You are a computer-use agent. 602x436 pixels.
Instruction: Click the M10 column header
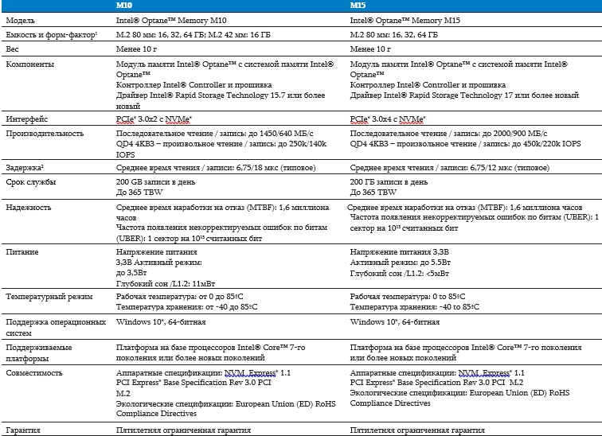click(x=123, y=6)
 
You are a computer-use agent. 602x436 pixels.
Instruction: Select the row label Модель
click(x=21, y=20)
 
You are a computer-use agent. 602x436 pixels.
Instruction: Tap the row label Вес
click(x=14, y=49)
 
